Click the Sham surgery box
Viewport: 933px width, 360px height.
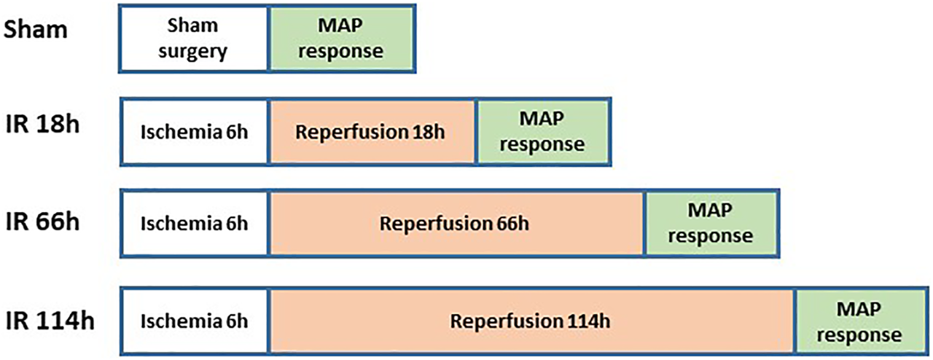[x=194, y=39]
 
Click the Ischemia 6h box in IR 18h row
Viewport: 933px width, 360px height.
[x=195, y=133]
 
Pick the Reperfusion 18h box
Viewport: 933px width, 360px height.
[x=372, y=133]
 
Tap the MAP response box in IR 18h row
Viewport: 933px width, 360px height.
[x=542, y=133]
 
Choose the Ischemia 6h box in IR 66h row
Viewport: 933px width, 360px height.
[x=195, y=223]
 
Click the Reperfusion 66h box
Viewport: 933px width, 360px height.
[x=456, y=223]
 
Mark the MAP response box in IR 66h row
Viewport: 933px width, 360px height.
[x=711, y=223]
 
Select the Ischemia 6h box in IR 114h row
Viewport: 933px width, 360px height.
[x=195, y=321]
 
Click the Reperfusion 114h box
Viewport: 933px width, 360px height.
[x=531, y=321]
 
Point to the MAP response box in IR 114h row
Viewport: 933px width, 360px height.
[x=860, y=321]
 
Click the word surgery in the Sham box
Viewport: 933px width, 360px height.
[x=194, y=52]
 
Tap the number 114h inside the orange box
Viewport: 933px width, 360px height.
[x=588, y=321]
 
